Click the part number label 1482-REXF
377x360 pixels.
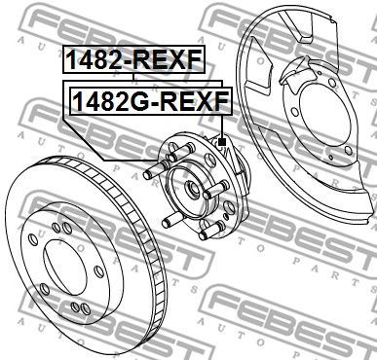pos(134,60)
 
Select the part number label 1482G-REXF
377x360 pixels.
pos(148,100)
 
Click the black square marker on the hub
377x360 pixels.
pos(222,142)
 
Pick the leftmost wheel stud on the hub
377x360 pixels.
pos(149,175)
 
